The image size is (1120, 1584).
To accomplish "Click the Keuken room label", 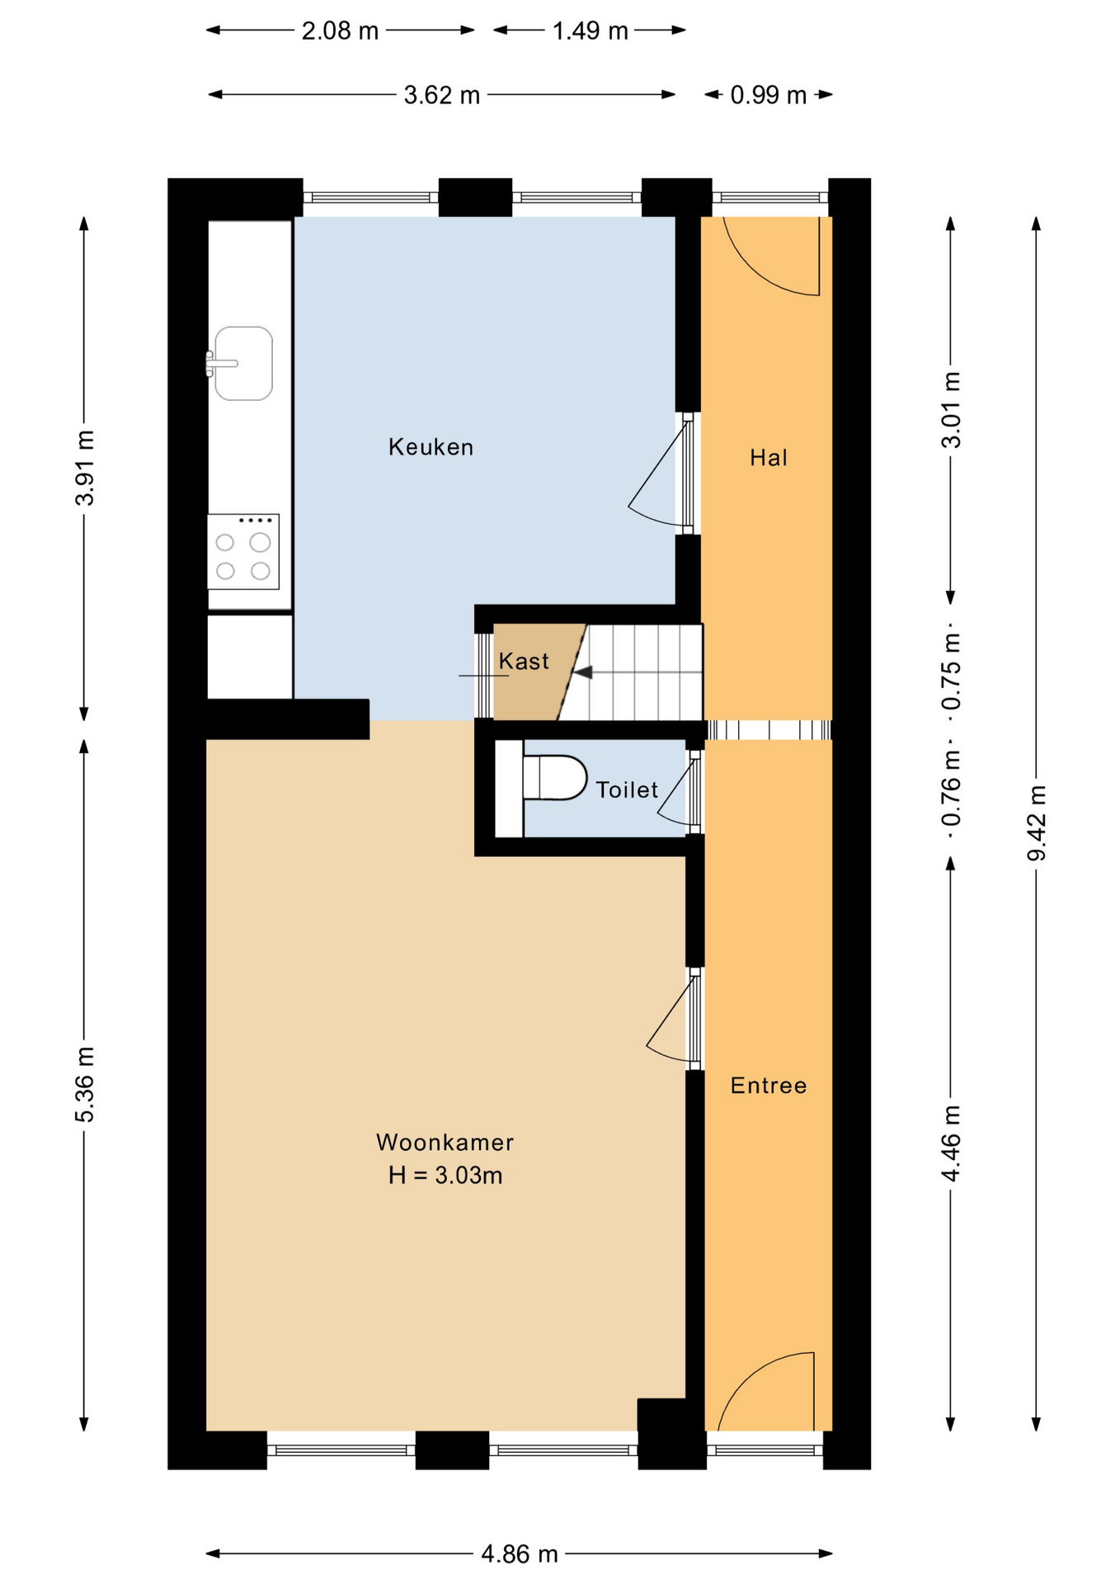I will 431,447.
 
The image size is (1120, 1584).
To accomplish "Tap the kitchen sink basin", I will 244,364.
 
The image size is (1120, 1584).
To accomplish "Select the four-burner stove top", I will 242,551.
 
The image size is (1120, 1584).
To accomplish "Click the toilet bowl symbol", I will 554,778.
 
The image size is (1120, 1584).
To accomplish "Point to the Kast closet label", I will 524,662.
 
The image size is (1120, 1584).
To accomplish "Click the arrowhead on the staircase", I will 583,673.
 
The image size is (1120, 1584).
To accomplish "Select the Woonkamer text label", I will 445,1143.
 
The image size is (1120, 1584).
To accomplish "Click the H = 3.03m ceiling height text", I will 445,1176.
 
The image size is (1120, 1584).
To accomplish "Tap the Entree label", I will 768,1086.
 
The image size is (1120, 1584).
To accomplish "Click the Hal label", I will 768,458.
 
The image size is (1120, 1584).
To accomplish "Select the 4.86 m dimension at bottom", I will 520,1555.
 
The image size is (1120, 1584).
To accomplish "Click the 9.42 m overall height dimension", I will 1036,823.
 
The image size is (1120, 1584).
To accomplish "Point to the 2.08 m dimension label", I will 340,31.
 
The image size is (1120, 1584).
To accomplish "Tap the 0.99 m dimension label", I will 768,96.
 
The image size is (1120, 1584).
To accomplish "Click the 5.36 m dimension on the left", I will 84,1084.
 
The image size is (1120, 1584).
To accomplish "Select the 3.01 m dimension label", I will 951,410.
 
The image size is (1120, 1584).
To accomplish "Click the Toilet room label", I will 627,790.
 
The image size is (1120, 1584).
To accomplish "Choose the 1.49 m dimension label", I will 590,31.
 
